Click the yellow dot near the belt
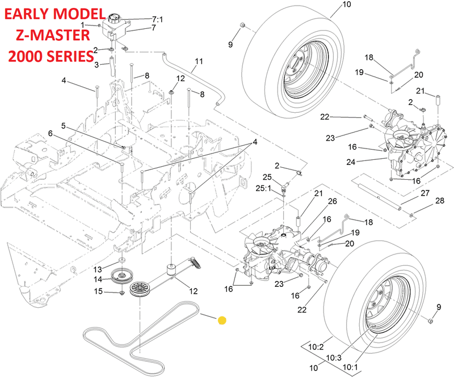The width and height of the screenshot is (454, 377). coord(222,320)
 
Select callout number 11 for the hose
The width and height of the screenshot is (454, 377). coord(199,61)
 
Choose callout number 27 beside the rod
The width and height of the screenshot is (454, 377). coord(424,194)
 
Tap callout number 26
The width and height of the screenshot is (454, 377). coord(333,201)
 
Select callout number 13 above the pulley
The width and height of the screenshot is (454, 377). coord(98,269)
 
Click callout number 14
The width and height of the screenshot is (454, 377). coord(98,279)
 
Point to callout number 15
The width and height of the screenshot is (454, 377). coord(98,291)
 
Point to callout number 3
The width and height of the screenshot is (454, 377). coord(96,65)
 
